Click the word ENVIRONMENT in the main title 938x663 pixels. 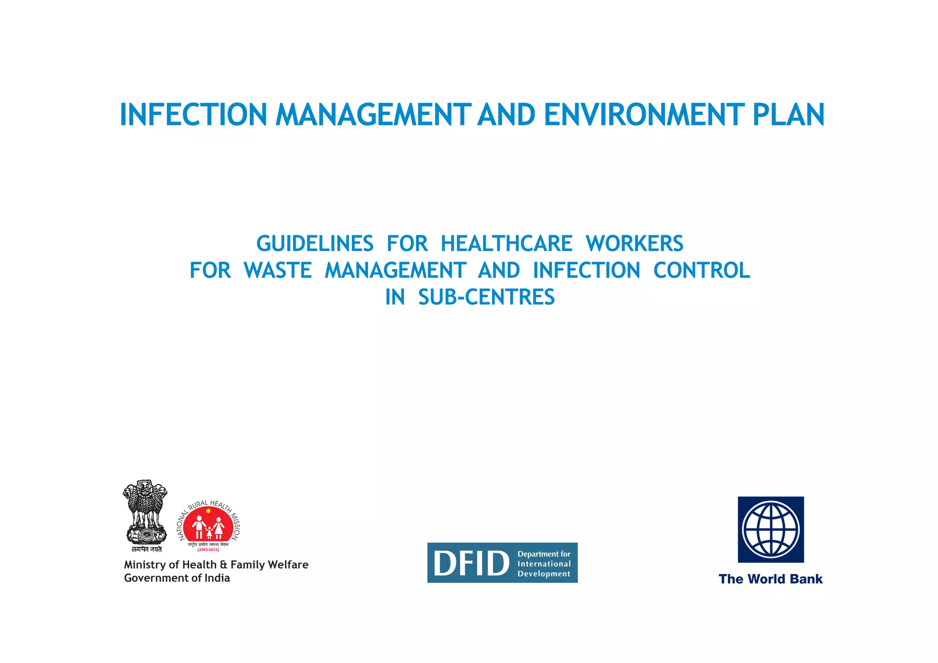pos(643,114)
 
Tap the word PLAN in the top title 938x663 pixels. pos(788,114)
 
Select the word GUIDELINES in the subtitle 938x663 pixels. pos(315,244)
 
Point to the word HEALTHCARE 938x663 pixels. pos(506,244)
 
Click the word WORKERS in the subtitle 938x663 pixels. pos(634,244)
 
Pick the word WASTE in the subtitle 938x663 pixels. pos(278,271)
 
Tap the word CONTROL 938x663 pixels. pos(702,271)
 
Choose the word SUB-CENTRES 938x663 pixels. pos(486,297)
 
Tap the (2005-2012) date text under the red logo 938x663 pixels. pos(208,550)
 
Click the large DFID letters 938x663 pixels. pos(471,564)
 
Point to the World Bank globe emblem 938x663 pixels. pos(771,529)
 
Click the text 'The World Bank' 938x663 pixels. pos(771,579)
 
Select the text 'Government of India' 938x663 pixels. pos(177,578)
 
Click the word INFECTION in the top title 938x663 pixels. pos(193,114)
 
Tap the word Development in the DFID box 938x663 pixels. pos(544,574)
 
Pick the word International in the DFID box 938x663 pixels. pos(544,564)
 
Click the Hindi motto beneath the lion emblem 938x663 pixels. pos(147,549)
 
